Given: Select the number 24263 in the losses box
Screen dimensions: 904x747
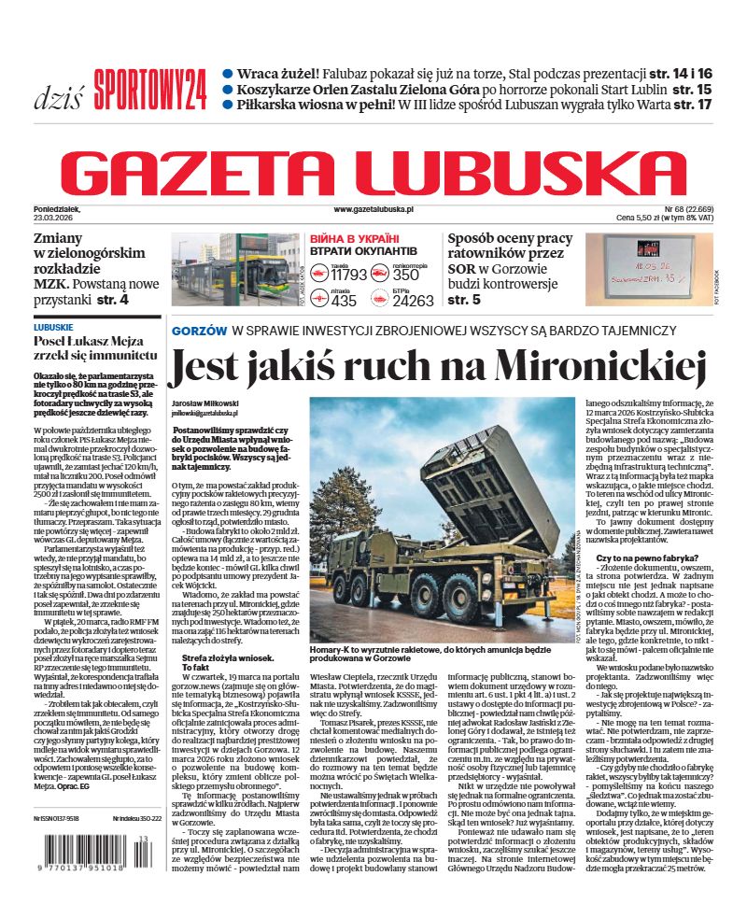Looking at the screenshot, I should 413,301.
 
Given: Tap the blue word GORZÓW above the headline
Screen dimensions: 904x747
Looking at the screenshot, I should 199,331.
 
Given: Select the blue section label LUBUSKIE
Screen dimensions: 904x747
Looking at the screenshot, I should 53,327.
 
